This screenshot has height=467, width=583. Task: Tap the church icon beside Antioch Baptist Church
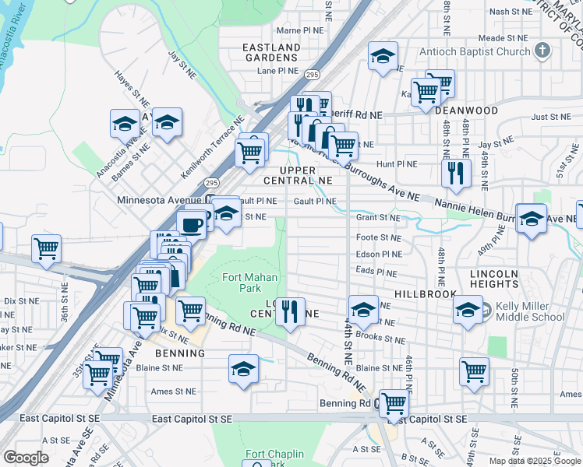tap(543, 51)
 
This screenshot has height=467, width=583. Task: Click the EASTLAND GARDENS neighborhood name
tap(271, 52)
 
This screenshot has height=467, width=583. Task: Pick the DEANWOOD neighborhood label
tap(465, 111)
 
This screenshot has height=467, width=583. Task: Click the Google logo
tap(25, 457)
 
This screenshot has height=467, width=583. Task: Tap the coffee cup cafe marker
tap(191, 224)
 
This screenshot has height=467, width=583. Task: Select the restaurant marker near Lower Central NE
tap(290, 311)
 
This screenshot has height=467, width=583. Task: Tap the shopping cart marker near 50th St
tap(475, 370)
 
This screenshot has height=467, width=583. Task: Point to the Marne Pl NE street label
tap(299, 30)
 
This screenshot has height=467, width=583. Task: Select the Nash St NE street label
tap(510, 12)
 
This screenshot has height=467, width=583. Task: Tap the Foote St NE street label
tap(378, 237)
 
